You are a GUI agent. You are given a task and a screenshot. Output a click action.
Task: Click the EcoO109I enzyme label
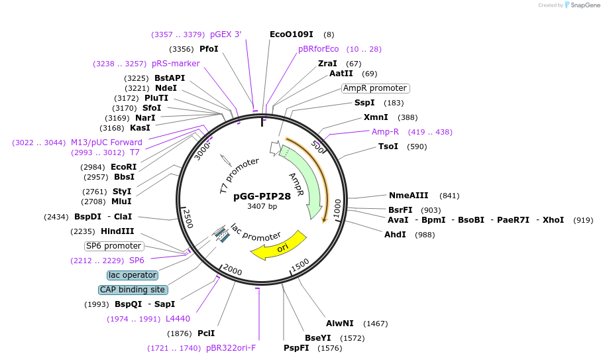(291, 34)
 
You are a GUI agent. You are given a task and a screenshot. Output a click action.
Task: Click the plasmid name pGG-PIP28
(262, 196)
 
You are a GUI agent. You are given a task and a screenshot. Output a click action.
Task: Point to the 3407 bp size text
(262, 206)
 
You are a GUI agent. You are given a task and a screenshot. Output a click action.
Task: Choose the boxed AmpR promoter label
(375, 88)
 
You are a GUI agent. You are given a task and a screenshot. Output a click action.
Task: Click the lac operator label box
(133, 275)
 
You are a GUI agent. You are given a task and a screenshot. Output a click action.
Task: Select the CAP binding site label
(133, 290)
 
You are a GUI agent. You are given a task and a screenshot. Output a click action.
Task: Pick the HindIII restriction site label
(117, 231)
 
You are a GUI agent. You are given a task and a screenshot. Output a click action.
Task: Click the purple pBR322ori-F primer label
(231, 347)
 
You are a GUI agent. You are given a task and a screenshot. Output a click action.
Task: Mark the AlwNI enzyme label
(339, 324)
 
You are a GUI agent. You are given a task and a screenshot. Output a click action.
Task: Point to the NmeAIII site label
(408, 196)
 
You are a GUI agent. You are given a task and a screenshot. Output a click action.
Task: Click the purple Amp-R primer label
(385, 132)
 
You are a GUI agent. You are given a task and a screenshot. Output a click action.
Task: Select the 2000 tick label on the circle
(233, 269)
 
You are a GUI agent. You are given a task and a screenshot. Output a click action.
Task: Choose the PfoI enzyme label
(209, 49)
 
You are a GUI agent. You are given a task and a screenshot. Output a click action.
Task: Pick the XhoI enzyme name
(553, 220)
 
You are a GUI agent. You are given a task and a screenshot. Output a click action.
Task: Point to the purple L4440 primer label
(178, 319)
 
